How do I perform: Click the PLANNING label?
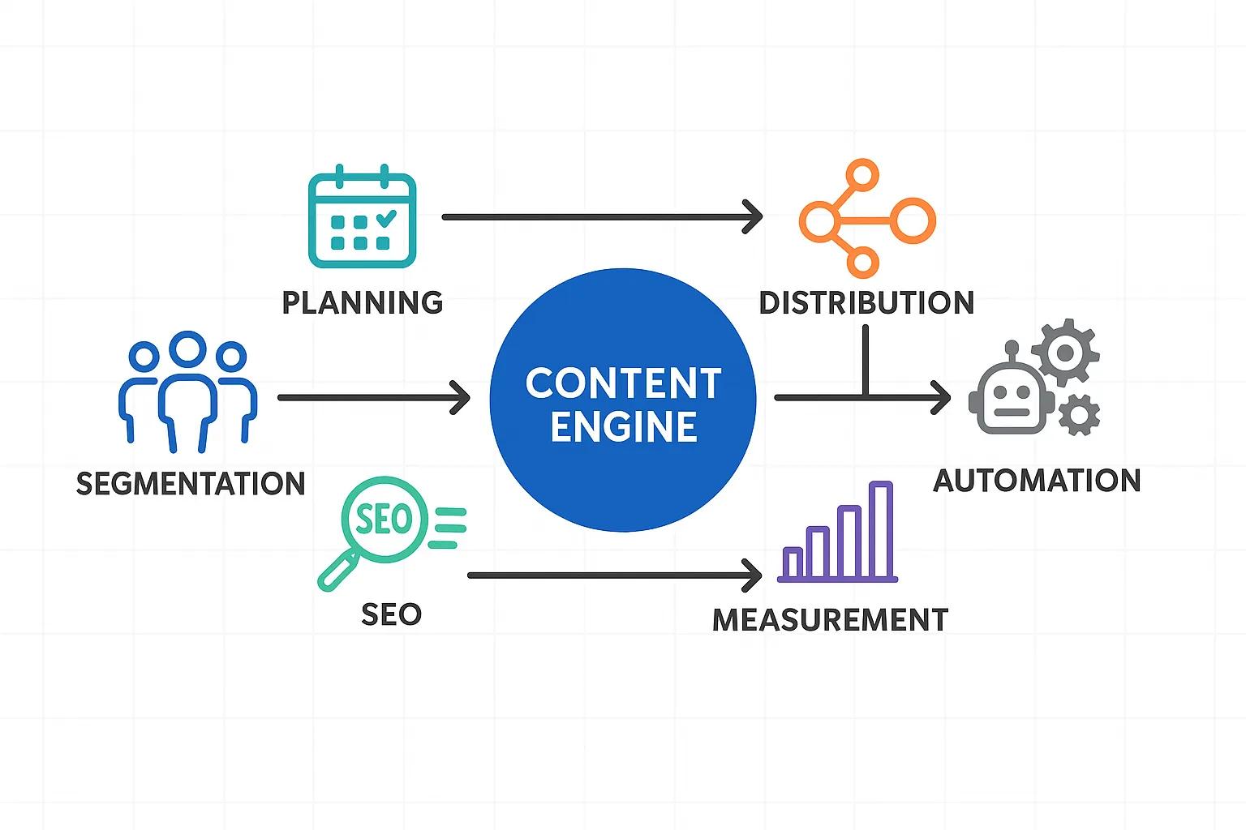point(362,302)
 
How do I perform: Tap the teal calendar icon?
point(362,217)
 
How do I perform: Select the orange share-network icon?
point(866,219)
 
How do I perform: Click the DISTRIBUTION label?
point(866,302)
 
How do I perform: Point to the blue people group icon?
point(188,391)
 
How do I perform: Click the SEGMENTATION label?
point(191,484)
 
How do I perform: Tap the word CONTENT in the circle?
point(623,383)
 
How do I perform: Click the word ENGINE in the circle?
point(623,427)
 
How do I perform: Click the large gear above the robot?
point(1065,352)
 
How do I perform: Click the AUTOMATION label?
point(1037,481)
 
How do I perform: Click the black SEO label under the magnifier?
point(391,614)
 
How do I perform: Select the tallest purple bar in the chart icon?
point(880,530)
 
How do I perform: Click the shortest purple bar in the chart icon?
point(793,563)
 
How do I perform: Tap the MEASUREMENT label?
point(830,620)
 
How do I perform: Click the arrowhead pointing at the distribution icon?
point(754,217)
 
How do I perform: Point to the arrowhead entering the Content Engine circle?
point(462,398)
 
